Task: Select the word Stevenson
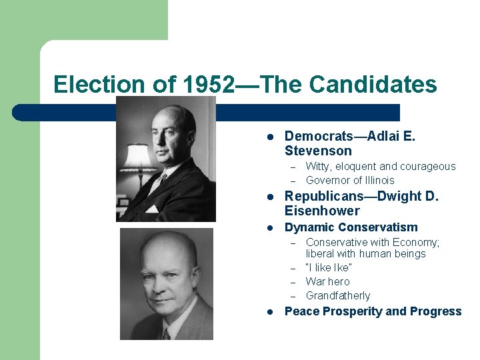[x=318, y=151]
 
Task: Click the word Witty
[x=319, y=167]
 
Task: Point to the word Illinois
[x=378, y=181]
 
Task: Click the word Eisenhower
[x=322, y=211]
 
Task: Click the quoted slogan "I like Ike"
[x=329, y=267]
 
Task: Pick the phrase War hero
[x=327, y=281]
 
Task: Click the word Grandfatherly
[x=337, y=295]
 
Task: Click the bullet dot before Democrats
[x=271, y=137]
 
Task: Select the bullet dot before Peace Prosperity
[x=271, y=312]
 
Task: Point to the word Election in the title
[x=99, y=85]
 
